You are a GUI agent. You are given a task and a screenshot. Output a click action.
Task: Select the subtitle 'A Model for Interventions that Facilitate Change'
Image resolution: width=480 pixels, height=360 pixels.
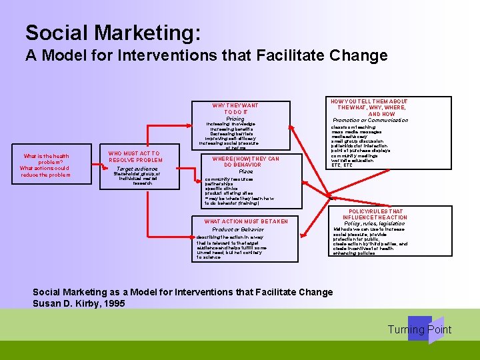click(206, 55)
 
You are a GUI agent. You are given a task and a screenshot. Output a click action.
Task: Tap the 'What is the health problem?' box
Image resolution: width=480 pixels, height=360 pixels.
click(45, 165)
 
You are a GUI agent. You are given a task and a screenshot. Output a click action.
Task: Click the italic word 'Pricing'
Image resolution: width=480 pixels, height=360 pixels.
click(235, 119)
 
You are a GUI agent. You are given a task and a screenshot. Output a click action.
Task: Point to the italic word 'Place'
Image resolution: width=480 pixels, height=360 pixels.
click(245, 171)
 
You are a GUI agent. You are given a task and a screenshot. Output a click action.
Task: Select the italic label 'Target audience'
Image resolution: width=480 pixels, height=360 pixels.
click(135, 169)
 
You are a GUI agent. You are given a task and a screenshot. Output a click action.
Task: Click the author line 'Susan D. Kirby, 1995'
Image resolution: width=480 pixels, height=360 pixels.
click(79, 303)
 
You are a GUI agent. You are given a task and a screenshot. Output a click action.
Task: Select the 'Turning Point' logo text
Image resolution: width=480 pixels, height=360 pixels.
click(419, 330)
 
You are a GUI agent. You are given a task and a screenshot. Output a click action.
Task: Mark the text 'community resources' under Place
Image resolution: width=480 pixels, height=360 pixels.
click(229, 179)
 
